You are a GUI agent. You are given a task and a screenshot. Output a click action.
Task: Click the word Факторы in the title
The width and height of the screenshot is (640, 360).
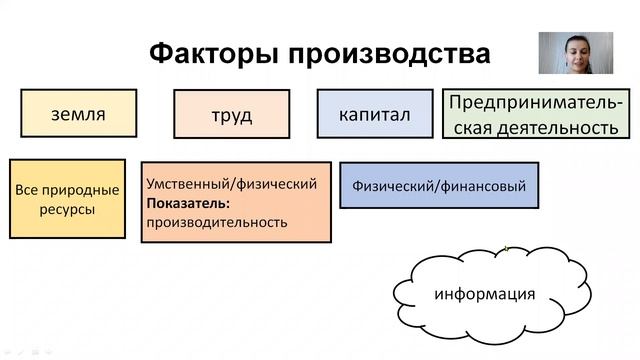206,53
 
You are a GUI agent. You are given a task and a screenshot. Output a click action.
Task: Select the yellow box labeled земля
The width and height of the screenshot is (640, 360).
78,113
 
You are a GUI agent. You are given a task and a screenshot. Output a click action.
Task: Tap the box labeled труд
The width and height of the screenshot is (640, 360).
231,115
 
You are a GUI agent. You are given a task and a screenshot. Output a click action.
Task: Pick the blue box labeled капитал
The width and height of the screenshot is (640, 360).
376,114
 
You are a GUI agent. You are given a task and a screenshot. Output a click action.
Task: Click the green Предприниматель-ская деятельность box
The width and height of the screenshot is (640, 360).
536,115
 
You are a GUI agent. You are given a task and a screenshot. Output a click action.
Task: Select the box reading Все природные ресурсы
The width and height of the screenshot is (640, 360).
68,199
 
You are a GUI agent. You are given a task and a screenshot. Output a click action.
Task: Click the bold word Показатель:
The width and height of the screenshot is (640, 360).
188,203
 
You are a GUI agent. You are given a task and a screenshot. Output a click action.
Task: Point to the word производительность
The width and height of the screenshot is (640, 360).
216,222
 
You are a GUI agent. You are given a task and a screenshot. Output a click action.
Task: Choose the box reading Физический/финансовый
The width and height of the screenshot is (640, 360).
438,185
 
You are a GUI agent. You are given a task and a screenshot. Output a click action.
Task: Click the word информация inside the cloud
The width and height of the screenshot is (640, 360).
485,294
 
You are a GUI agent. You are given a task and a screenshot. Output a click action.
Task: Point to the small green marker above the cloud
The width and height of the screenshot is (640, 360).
507,247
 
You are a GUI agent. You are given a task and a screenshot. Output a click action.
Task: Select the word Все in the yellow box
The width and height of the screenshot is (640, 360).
27,189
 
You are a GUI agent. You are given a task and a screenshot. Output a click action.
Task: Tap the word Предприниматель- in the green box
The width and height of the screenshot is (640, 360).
536,103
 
